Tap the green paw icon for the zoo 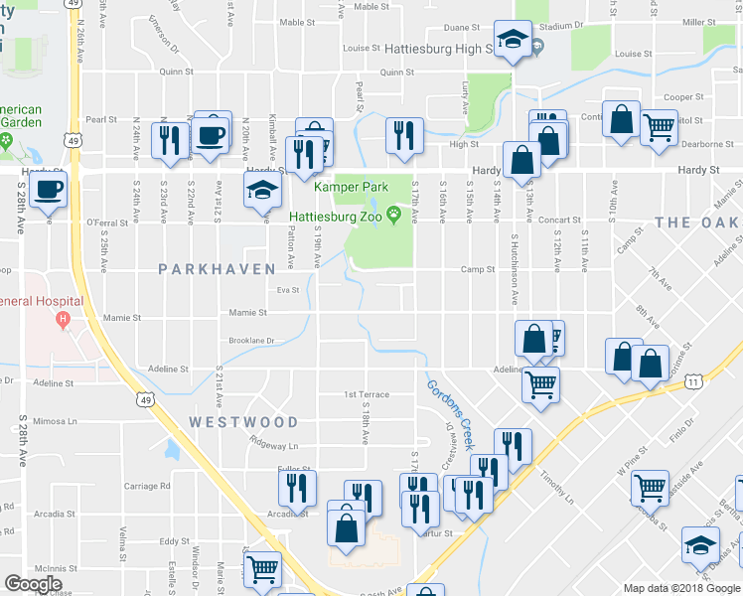pos(394,214)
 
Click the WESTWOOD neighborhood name pos(243,422)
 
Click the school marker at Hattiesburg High pos(513,41)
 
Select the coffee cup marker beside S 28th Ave pos(47,190)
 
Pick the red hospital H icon pos(64,319)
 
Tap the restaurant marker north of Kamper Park pos(403,134)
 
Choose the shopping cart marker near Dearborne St pos(659,126)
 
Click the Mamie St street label pos(248,312)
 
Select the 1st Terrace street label pos(367,394)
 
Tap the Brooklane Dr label pos(250,341)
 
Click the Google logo pos(34,584)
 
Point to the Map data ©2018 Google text pos(680,588)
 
